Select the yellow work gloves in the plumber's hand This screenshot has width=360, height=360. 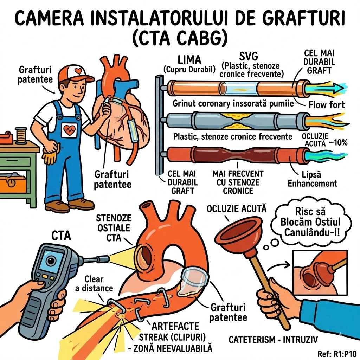pyautogui.click(x=51, y=152)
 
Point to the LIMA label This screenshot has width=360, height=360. pyautogui.click(x=189, y=60)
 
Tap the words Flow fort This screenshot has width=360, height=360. pyautogui.click(x=327, y=105)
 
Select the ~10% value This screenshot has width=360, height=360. pyautogui.click(x=338, y=143)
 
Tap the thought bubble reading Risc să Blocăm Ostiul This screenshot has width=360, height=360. pyautogui.click(x=311, y=222)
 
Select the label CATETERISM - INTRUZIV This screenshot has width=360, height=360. pyautogui.click(x=273, y=339)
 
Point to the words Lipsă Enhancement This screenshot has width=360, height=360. pyautogui.click(x=313, y=179)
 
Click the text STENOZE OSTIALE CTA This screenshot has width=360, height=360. pyautogui.click(x=114, y=228)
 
